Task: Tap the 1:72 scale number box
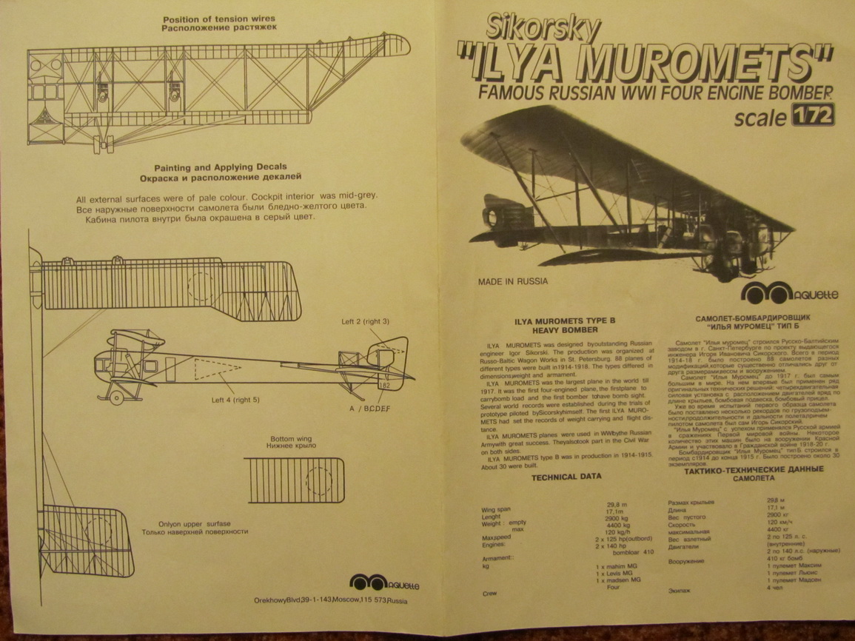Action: click(x=813, y=115)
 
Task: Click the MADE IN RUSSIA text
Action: click(x=513, y=281)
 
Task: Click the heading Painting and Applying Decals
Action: click(x=220, y=167)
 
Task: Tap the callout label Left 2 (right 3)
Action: click(x=365, y=322)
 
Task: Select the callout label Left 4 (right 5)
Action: click(x=235, y=400)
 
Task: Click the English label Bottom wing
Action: click(x=291, y=438)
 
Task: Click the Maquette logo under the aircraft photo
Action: click(x=788, y=293)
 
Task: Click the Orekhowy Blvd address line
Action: click(x=330, y=600)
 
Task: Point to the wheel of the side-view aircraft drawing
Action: click(x=116, y=398)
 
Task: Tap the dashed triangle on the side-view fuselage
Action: click(x=217, y=368)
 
